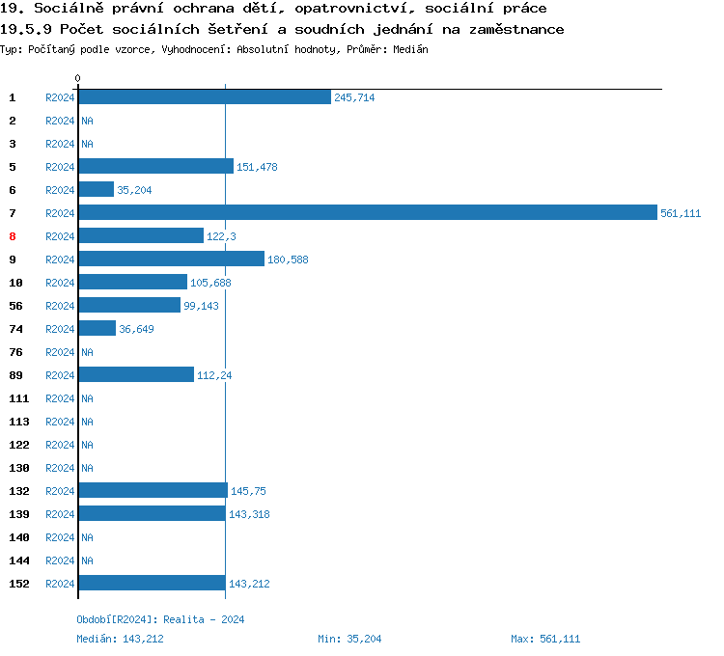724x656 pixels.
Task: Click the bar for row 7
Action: [x=367, y=213]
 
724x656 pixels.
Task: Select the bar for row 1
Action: [x=205, y=97]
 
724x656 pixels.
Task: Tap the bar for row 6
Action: [x=96, y=190]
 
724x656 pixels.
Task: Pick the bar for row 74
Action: [x=97, y=329]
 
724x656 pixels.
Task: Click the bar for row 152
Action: [x=152, y=584]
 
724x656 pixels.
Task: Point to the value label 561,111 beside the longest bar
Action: [x=681, y=213]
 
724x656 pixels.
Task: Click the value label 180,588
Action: [x=288, y=260]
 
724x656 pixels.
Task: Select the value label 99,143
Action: [x=202, y=306]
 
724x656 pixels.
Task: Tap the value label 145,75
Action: [x=248, y=491]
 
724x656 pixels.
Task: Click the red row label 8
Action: [x=13, y=236]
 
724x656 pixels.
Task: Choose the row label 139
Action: [x=18, y=514]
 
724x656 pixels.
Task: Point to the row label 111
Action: [x=18, y=398]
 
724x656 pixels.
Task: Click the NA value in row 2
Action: [x=87, y=121]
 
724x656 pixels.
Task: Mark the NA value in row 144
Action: [x=87, y=560]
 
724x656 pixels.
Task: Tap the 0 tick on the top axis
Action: [x=78, y=78]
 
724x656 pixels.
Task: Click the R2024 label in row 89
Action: [x=60, y=375]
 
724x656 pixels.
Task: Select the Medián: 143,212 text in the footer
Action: [x=126, y=639]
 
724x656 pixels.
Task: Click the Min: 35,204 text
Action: [x=349, y=639]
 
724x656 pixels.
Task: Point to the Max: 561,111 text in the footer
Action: [x=545, y=639]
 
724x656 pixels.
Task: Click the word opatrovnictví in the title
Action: [x=334, y=9]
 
